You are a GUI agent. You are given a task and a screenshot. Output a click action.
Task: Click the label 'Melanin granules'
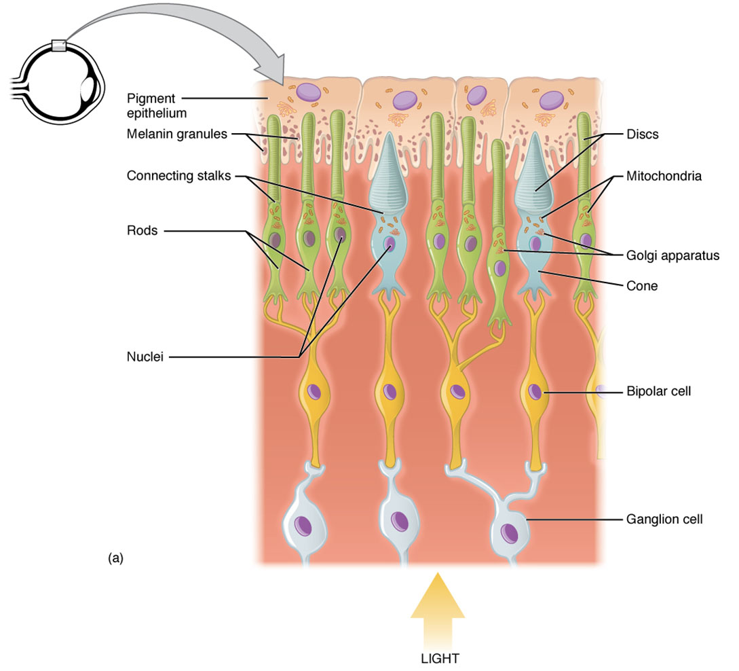[x=176, y=134]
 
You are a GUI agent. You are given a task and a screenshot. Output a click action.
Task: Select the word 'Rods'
[x=142, y=231]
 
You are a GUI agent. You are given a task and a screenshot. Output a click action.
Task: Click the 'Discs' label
[x=642, y=134]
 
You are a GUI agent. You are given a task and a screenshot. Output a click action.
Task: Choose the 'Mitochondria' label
[x=663, y=176]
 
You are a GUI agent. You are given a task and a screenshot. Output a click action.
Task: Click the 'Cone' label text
[x=641, y=286]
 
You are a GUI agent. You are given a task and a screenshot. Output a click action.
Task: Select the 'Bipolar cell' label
[x=657, y=391]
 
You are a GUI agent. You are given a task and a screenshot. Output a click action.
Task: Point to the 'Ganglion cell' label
[x=663, y=520]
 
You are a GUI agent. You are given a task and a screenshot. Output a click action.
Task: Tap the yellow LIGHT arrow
[x=438, y=608]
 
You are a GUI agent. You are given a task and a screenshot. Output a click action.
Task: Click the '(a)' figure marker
[x=115, y=558]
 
